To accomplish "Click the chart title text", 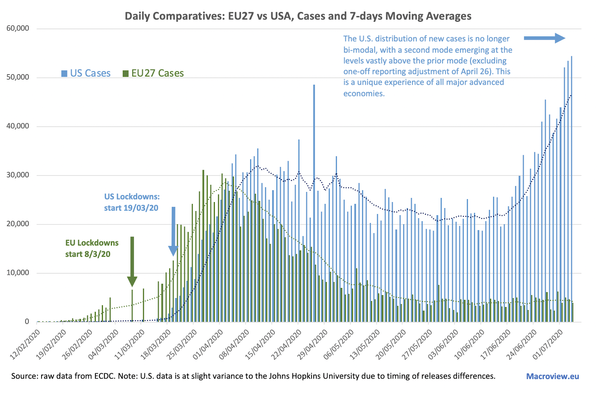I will (x=298, y=16).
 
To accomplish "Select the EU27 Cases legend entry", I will (x=153, y=73).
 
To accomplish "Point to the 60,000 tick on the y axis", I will (x=18, y=28).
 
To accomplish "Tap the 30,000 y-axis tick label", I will (x=18, y=175).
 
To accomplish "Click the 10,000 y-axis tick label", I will (x=18, y=273).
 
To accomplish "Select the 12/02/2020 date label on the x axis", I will (x=25, y=344).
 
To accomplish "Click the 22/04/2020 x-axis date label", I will (x=286, y=344).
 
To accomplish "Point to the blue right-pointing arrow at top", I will (x=544, y=38).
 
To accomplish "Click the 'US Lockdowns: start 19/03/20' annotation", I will (x=132, y=202).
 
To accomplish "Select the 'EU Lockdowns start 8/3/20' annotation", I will (x=92, y=248).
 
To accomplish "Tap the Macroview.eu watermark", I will (x=552, y=376).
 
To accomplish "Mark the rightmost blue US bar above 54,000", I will (x=571, y=187).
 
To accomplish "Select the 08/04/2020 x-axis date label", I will (x=234, y=344).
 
